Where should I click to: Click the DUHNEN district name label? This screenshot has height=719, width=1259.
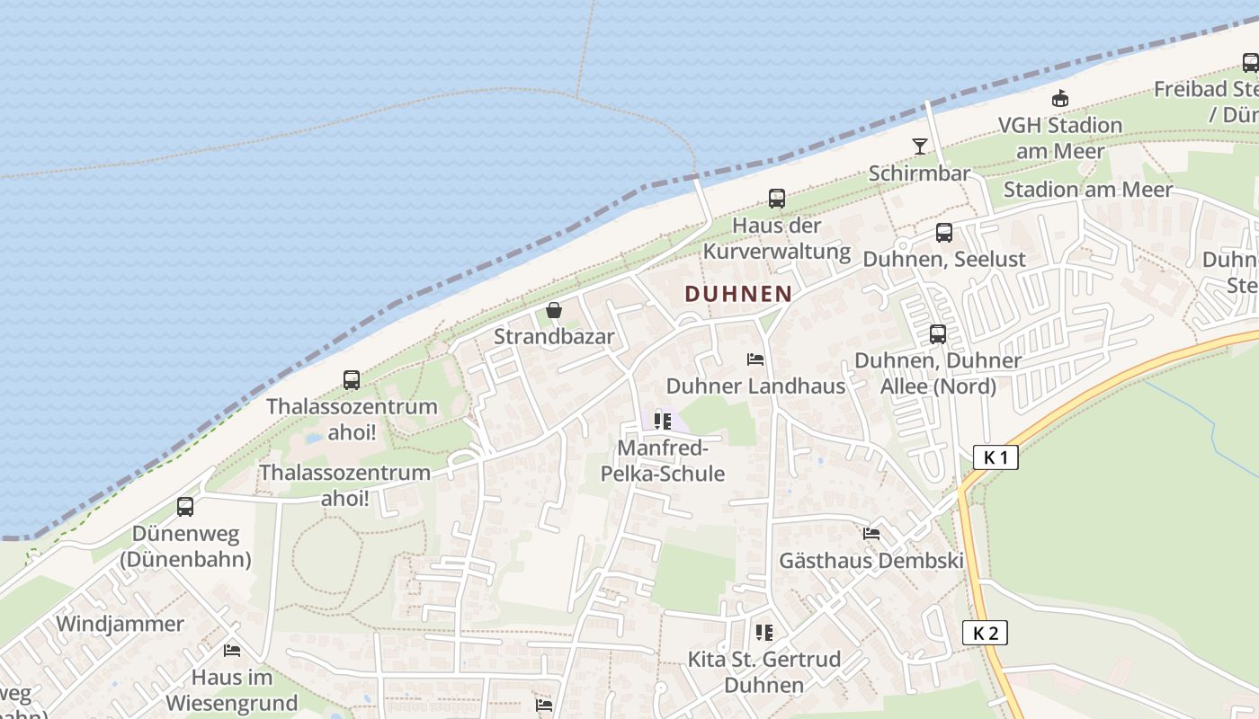738,294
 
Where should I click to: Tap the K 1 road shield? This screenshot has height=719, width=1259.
996,457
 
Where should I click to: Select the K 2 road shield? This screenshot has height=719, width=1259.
986,633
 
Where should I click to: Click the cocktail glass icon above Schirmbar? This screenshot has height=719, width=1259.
919,146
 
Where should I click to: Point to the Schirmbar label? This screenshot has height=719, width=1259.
919,173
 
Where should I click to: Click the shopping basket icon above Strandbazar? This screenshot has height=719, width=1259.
554,311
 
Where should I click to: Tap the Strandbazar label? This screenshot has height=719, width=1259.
554,337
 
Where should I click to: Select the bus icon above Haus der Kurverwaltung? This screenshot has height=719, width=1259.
776,199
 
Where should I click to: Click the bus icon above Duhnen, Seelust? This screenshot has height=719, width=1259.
943,233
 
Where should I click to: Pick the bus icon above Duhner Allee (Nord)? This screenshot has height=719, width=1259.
938,334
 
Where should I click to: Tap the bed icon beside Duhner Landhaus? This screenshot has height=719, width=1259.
755,359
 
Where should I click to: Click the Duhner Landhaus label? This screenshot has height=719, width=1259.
755,386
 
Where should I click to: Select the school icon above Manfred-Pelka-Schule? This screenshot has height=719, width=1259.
663,421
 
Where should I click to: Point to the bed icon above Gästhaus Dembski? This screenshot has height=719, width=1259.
871,534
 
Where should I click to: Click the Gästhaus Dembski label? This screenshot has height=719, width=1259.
871,561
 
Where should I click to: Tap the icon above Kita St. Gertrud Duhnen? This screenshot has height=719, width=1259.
763,633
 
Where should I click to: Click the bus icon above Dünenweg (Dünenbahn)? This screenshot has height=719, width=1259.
185,507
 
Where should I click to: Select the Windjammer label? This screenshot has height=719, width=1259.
120,624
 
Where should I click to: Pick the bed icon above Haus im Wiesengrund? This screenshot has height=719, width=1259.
232,650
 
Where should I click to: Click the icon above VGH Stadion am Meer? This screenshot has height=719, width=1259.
1060,99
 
